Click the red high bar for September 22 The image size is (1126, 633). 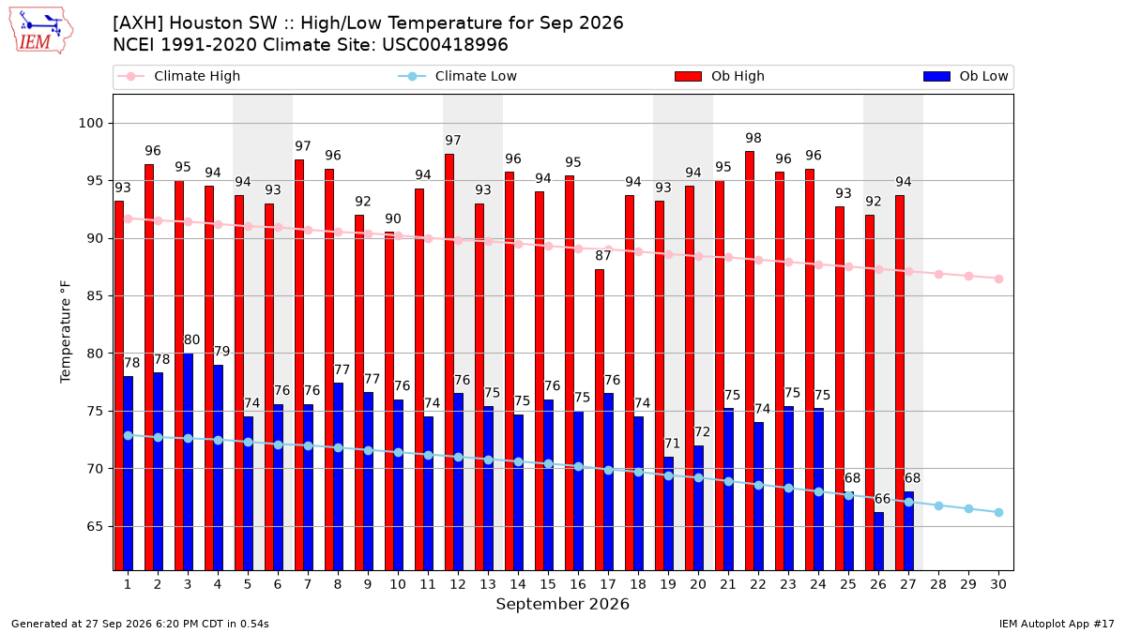coord(750,361)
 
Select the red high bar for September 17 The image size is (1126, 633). coord(600,420)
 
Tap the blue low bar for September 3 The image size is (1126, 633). coord(188,461)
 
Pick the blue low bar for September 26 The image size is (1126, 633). coord(878,541)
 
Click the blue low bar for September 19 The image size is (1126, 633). coord(668,514)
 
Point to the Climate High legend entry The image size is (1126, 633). coord(179,76)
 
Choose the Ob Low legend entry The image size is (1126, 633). coord(966,76)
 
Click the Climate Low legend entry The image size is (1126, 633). coord(458,76)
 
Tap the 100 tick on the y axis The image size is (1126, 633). coord(90,123)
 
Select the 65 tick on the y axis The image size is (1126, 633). coord(95,526)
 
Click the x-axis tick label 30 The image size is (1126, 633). coord(998,584)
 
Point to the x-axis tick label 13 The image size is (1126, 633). coord(488,584)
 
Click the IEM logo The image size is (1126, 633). coord(41,31)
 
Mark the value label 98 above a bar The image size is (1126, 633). coord(753,138)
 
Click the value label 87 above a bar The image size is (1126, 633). coord(602,256)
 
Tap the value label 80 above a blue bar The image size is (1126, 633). coord(191,339)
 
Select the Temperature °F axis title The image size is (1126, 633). coord(66,332)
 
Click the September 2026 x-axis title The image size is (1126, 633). coord(562,604)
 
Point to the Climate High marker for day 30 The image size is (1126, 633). coord(998,279)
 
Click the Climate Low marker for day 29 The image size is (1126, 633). coord(968,509)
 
